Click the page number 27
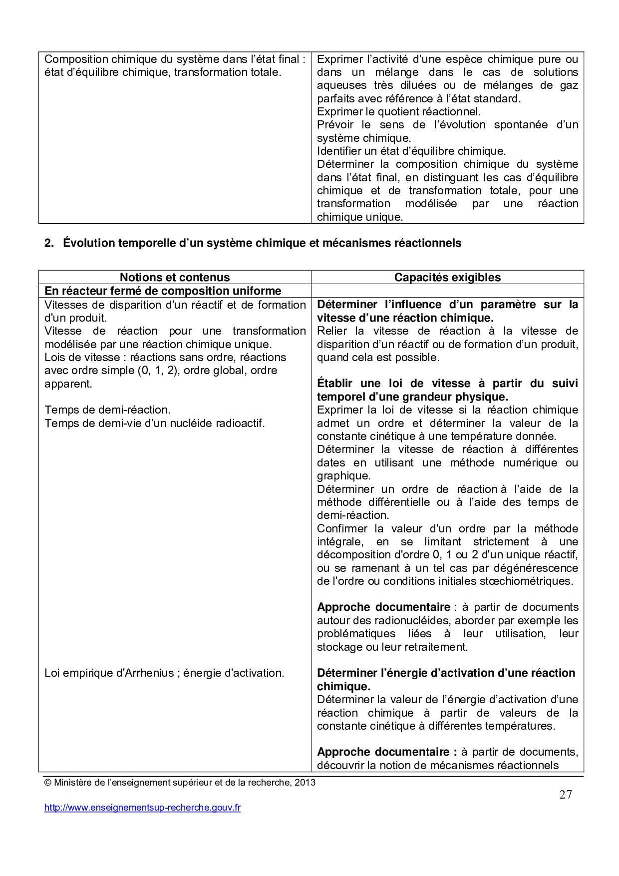coord(566,795)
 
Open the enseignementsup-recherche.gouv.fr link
coord(142,808)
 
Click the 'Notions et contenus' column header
coord(175,278)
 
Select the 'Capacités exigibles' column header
coord(447,278)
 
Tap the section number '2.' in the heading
coord(49,243)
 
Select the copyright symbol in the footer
coord(48,783)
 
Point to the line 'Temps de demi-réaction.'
coord(107,410)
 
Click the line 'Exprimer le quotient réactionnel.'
coord(398,112)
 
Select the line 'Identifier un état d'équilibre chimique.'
coord(411,151)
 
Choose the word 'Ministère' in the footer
coord(73,783)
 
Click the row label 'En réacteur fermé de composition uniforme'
coord(163,291)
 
